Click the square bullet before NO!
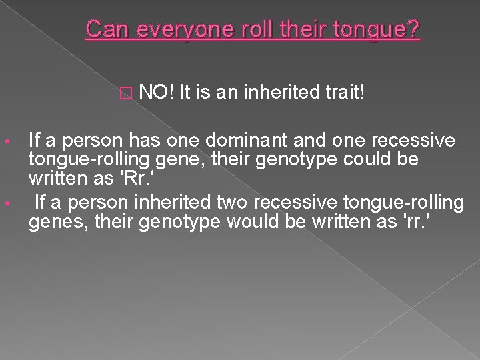(128, 91)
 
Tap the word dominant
(234, 141)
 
